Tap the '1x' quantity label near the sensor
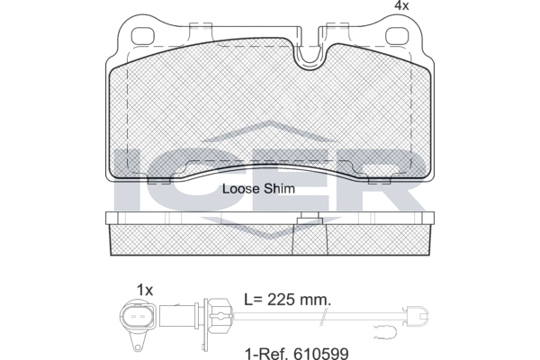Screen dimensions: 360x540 click(x=146, y=289)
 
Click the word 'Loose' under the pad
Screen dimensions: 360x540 click(x=241, y=189)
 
